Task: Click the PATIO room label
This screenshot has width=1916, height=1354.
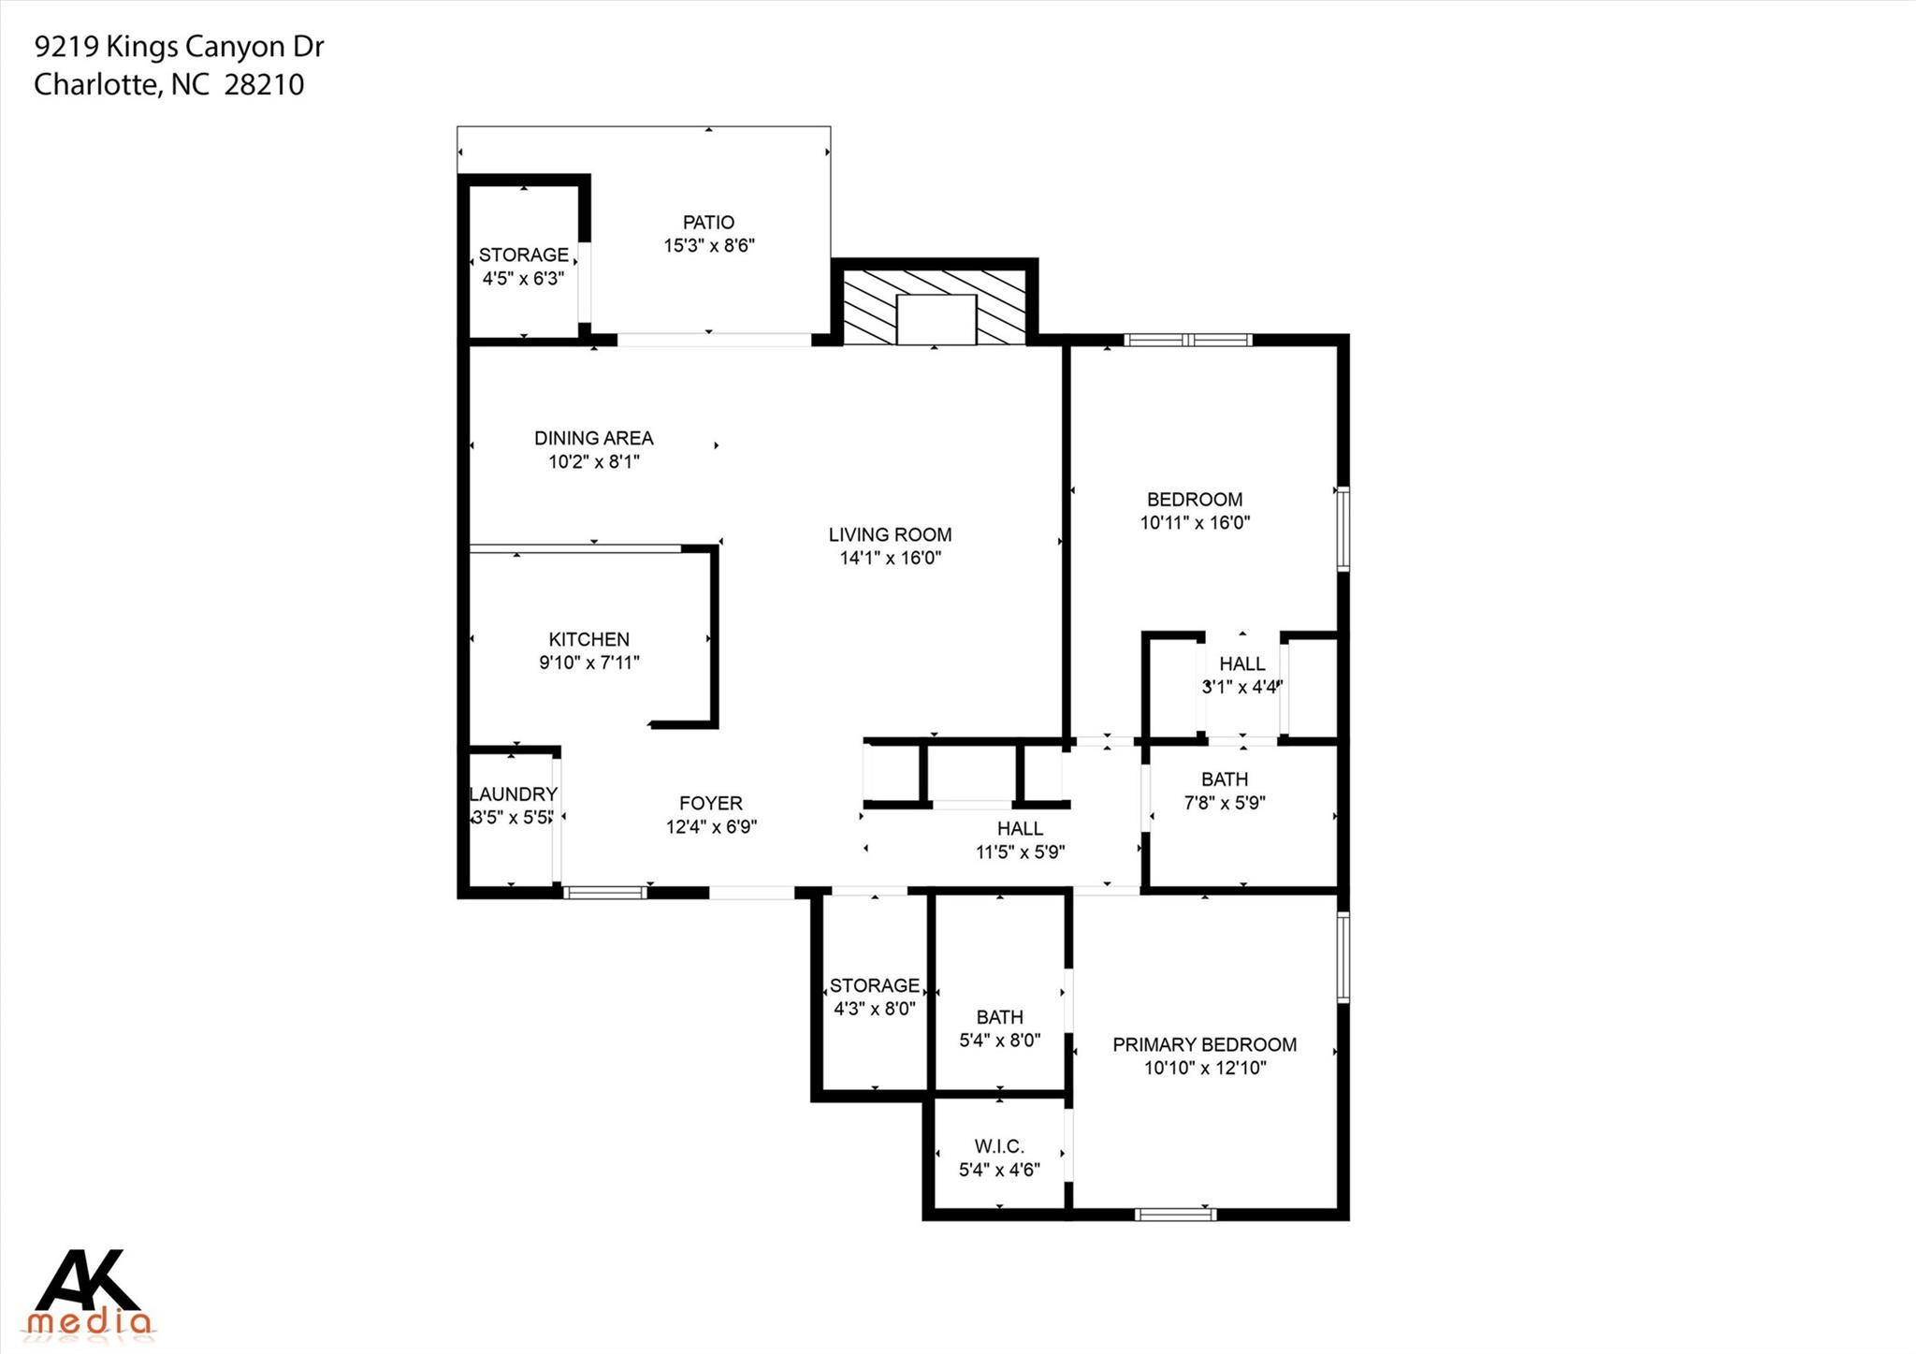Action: click(x=708, y=223)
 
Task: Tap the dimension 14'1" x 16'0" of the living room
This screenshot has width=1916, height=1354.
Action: click(x=890, y=559)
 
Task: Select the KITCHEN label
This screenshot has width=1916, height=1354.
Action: click(x=588, y=640)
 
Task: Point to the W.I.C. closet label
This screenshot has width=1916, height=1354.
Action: click(x=999, y=1146)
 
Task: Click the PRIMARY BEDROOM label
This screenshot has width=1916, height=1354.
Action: click(x=1204, y=1044)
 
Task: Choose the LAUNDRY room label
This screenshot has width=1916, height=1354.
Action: click(x=513, y=794)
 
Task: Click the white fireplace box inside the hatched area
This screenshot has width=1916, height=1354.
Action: click(x=936, y=319)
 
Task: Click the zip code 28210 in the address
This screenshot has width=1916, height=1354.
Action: click(x=265, y=85)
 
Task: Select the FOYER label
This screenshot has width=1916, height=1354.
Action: click(x=711, y=804)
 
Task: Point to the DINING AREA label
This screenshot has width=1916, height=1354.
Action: click(x=593, y=438)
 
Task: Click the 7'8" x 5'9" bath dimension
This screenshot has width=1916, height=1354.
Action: click(x=1225, y=803)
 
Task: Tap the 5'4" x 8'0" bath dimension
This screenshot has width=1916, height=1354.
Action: click(x=999, y=1041)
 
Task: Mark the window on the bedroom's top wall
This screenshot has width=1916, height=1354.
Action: click(x=1187, y=340)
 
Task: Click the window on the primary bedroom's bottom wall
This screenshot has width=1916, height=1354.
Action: click(x=1176, y=1215)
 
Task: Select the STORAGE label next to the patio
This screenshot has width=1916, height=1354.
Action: click(x=523, y=255)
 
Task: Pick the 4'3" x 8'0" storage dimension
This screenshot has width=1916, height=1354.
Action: click(x=874, y=1009)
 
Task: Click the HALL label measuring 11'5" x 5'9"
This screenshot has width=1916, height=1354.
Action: click(x=1020, y=829)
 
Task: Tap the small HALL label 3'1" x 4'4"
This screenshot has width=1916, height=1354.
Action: click(x=1241, y=664)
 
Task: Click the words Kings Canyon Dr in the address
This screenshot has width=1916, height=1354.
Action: click(x=214, y=47)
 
